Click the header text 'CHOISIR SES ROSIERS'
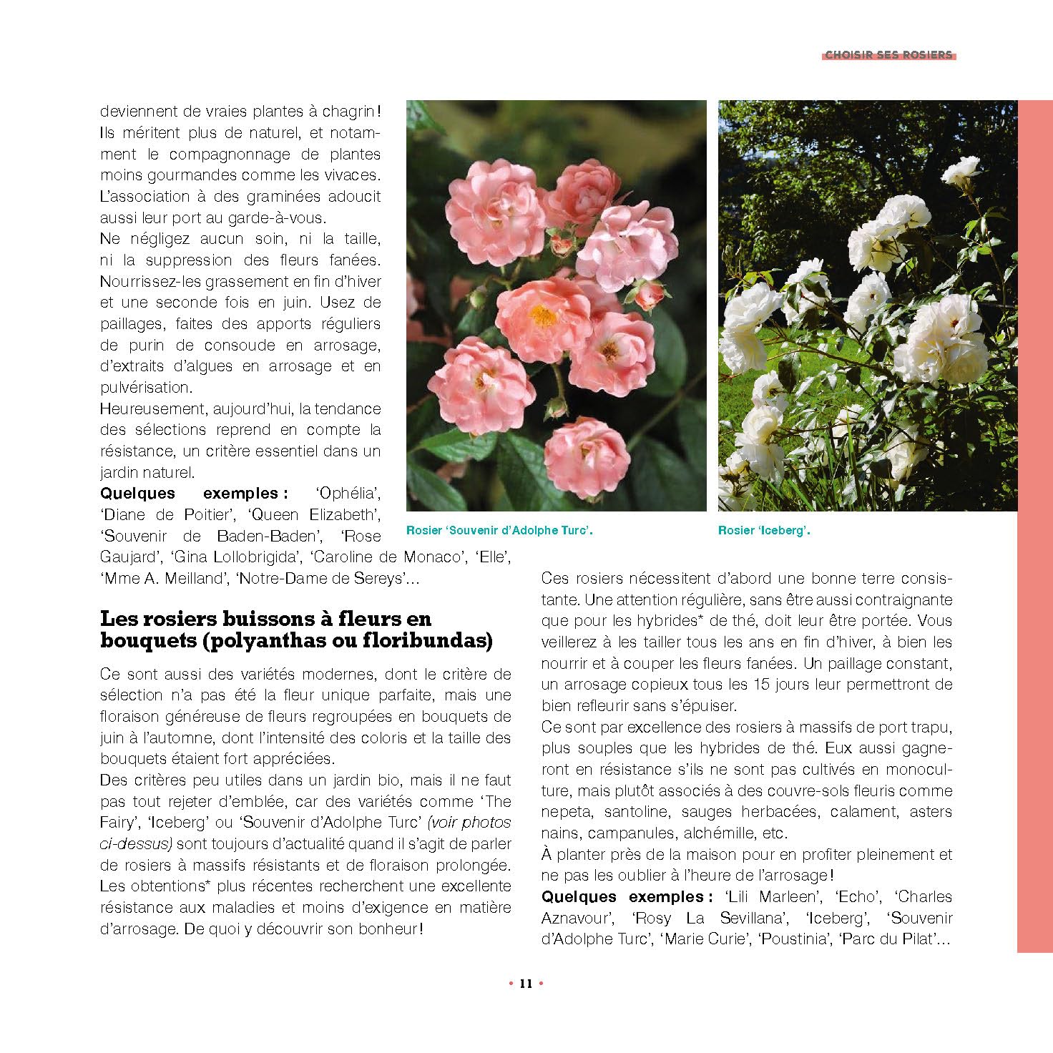tap(888, 55)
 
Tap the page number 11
tap(526, 983)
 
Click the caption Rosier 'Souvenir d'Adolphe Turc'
tap(499, 531)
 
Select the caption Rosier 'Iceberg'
tap(764, 531)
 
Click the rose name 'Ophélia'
tap(347, 493)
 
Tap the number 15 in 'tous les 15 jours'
tap(761, 685)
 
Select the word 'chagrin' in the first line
tap(347, 112)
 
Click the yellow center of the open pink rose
tap(543, 315)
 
